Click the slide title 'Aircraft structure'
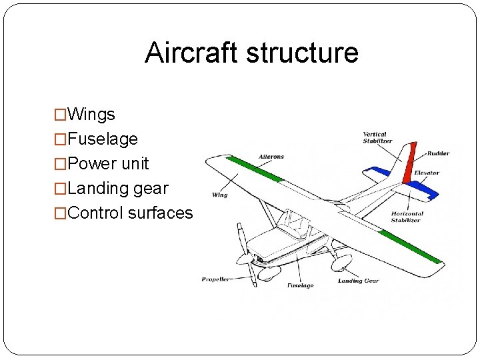pyautogui.click(x=251, y=53)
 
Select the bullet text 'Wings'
pyautogui.click(x=91, y=115)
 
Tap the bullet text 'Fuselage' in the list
pyautogui.click(x=103, y=139)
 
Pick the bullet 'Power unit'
pyautogui.click(x=108, y=164)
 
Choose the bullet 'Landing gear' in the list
pyautogui.click(x=118, y=189)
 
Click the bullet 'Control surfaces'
pyautogui.click(x=130, y=213)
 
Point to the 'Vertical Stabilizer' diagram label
pyautogui.click(x=375, y=138)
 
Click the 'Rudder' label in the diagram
pyautogui.click(x=438, y=153)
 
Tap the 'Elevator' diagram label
pyautogui.click(x=427, y=173)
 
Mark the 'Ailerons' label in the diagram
pyautogui.click(x=271, y=157)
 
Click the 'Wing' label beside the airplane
pyautogui.click(x=220, y=195)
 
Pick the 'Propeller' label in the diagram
pyautogui.click(x=215, y=279)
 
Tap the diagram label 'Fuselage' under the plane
pyautogui.click(x=300, y=285)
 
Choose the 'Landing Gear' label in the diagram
pyautogui.click(x=359, y=281)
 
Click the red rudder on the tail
pyautogui.click(x=410, y=163)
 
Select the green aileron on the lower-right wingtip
pyautogui.click(x=410, y=247)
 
